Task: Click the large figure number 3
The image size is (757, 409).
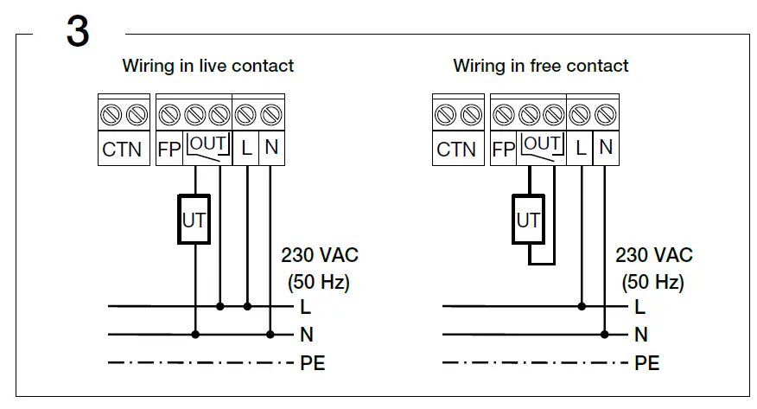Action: click(x=78, y=32)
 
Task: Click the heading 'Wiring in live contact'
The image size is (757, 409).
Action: click(x=207, y=66)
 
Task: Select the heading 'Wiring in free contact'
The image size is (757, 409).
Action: click(x=541, y=66)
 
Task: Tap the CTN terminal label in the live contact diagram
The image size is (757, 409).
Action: click(x=122, y=149)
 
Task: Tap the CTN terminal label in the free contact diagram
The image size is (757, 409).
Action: click(x=456, y=149)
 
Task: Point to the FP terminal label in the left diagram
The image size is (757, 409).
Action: click(x=169, y=149)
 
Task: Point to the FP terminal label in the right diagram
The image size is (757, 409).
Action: click(x=503, y=149)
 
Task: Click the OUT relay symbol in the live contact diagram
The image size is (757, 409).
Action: click(x=207, y=148)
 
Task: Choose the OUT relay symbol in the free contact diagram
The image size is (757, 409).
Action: click(x=542, y=148)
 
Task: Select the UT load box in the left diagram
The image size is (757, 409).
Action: click(x=194, y=220)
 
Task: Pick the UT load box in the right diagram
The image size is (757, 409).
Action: click(x=527, y=220)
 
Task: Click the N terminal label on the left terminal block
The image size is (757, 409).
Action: click(x=271, y=148)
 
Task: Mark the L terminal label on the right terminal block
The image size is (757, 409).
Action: click(x=581, y=148)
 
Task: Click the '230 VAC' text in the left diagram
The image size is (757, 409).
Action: click(x=320, y=256)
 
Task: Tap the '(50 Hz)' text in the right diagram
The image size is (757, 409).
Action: click(x=653, y=282)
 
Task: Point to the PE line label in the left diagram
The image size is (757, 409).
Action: click(x=312, y=363)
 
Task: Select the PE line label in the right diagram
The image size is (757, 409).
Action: click(x=646, y=363)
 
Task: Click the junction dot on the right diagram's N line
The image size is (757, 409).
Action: click(x=605, y=334)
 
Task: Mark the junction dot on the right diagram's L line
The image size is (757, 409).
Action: click(x=582, y=306)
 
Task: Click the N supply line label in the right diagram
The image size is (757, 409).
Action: click(x=640, y=335)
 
